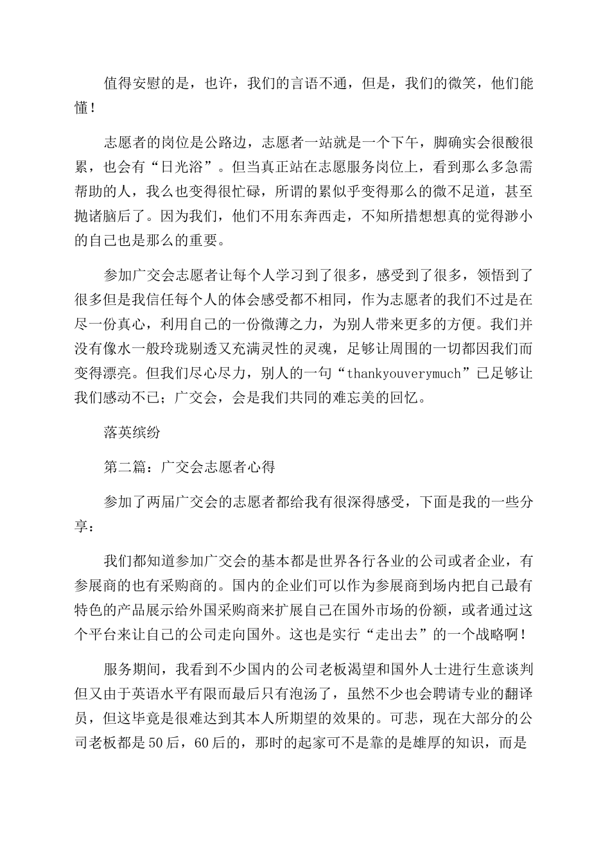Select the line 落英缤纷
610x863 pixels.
pos(132,433)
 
